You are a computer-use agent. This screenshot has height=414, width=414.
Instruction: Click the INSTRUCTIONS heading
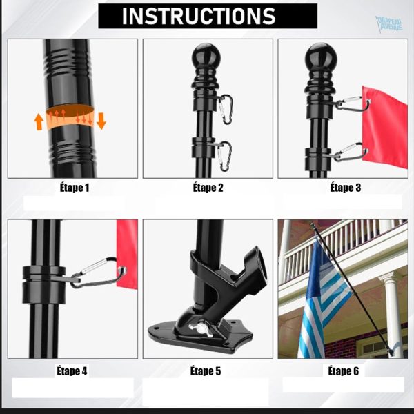pyautogui.click(x=199, y=16)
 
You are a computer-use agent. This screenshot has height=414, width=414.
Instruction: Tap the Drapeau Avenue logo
pyautogui.click(x=389, y=23)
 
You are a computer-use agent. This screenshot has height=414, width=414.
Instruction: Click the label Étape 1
pyautogui.click(x=75, y=188)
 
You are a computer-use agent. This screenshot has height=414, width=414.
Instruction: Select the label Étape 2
pyautogui.click(x=208, y=188)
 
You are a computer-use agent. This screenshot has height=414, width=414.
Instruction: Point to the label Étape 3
pyautogui.click(x=346, y=188)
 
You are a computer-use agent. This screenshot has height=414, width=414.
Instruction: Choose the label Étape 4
pyautogui.click(x=72, y=371)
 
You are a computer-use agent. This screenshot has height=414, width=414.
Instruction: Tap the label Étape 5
pyautogui.click(x=206, y=371)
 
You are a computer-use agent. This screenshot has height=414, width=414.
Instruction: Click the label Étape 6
pyautogui.click(x=343, y=371)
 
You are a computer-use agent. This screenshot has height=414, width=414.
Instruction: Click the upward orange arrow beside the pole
pyautogui.click(x=39, y=121)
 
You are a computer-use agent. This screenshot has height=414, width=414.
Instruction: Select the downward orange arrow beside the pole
pyautogui.click(x=101, y=121)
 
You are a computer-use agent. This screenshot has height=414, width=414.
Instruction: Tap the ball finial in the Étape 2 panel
pyautogui.click(x=206, y=54)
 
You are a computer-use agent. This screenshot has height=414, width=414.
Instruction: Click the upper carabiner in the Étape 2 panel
pyautogui.click(x=225, y=109)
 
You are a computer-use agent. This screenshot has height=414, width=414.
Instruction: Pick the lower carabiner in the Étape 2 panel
pyautogui.click(x=224, y=157)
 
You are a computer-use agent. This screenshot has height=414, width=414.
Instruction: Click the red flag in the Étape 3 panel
pyautogui.click(x=384, y=127)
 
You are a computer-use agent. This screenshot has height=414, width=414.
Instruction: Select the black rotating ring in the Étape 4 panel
pyautogui.click(x=44, y=284)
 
